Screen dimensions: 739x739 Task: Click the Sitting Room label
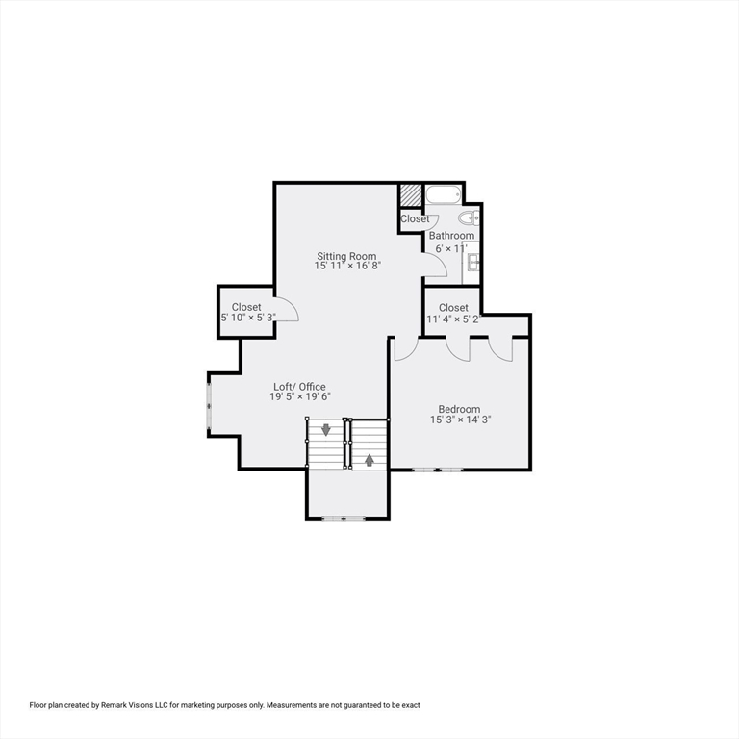pyautogui.click(x=347, y=256)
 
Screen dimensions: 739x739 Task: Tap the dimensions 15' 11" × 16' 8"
pyautogui.click(x=347, y=267)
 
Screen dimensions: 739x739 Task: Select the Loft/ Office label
pyautogui.click(x=299, y=387)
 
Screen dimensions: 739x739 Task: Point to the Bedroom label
pyautogui.click(x=459, y=409)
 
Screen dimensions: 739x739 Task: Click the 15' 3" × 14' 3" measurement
pyautogui.click(x=459, y=420)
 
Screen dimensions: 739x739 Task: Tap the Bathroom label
pyautogui.click(x=451, y=236)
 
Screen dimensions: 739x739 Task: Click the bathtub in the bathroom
pyautogui.click(x=445, y=195)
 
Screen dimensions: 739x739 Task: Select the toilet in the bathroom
pyautogui.click(x=471, y=217)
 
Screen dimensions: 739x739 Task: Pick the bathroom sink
pyautogui.click(x=472, y=260)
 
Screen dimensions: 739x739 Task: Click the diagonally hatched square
pyautogui.click(x=411, y=194)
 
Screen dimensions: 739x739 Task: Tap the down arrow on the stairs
pyautogui.click(x=326, y=429)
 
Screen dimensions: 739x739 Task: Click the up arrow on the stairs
pyautogui.click(x=369, y=460)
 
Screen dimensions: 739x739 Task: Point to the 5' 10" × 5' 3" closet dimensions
pyautogui.click(x=247, y=318)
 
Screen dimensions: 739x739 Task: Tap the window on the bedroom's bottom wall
pyautogui.click(x=438, y=470)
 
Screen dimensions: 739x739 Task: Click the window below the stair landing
pyautogui.click(x=344, y=519)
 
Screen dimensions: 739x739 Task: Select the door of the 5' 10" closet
pyautogui.click(x=286, y=312)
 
